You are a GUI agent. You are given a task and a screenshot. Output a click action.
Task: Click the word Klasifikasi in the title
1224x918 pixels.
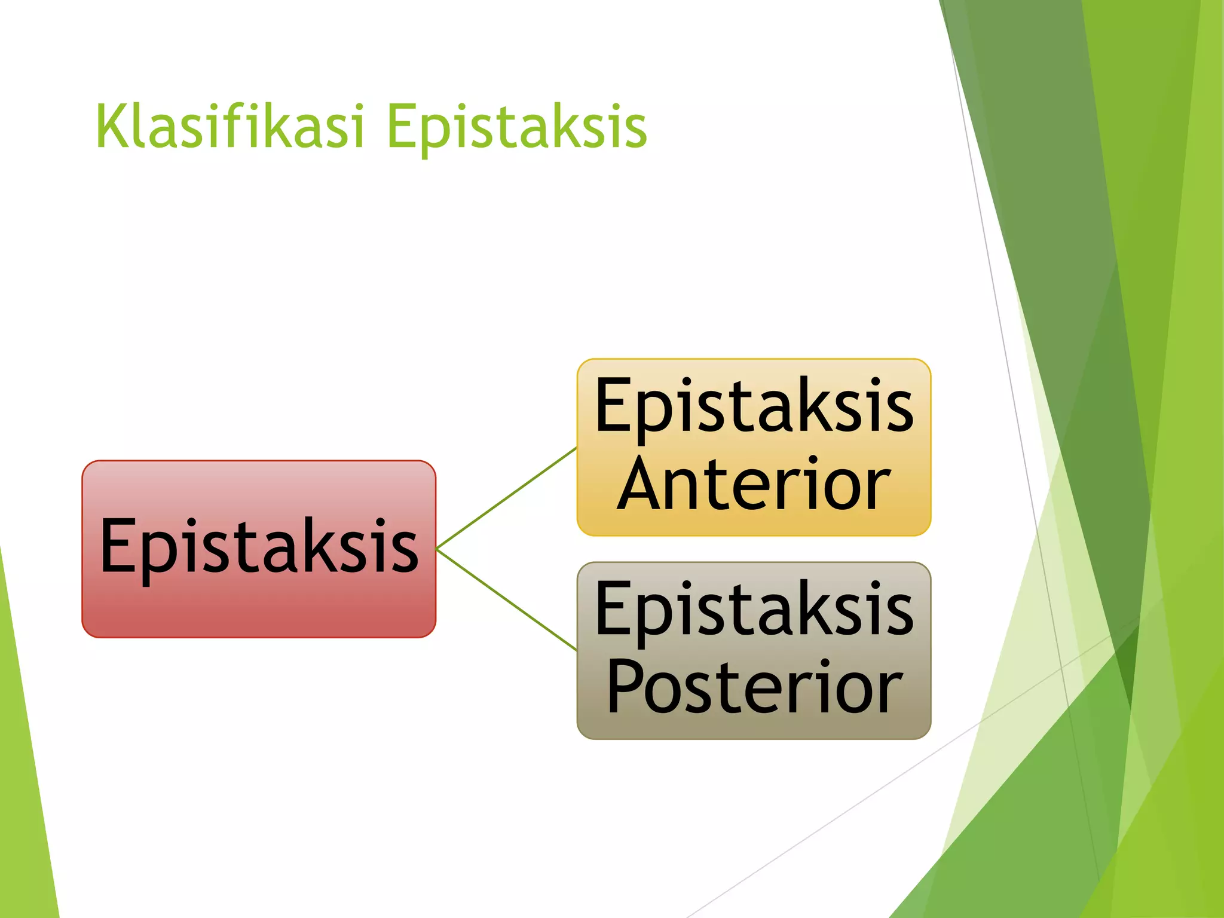coord(229,127)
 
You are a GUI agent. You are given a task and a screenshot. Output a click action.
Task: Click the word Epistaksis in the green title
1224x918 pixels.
coord(516,127)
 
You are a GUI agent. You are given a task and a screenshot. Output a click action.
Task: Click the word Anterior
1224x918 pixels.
coord(753,484)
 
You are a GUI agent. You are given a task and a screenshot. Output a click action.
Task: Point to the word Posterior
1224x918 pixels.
coord(753,687)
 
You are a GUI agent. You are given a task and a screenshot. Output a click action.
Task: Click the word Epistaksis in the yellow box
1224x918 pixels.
coord(753,406)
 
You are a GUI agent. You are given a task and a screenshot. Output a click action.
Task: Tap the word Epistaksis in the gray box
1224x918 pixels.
coord(753,610)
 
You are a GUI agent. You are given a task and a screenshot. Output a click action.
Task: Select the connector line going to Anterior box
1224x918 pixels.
coord(507,498)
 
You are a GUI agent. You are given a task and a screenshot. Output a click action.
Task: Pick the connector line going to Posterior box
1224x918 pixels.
coord(507,599)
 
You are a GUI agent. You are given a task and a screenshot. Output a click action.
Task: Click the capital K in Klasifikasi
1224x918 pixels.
coord(111,127)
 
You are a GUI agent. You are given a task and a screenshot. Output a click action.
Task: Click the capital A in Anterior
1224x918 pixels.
coord(641,484)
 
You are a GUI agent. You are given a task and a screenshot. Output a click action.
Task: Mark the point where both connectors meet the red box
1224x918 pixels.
coord(437,549)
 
